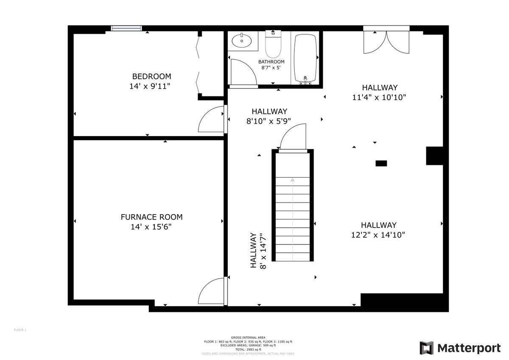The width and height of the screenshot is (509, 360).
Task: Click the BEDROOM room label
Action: pyautogui.click(x=151, y=77)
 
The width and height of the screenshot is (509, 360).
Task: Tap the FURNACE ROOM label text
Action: pyautogui.click(x=151, y=217)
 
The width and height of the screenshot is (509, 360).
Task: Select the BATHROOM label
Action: pyautogui.click(x=271, y=62)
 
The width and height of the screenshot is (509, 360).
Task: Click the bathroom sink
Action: pyautogui.click(x=242, y=41)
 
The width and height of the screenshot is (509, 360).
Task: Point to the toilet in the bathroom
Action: pyautogui.click(x=273, y=45)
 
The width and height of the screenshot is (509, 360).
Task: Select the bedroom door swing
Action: pyautogui.click(x=211, y=120)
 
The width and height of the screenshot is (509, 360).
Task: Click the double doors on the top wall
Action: pyautogui.click(x=386, y=42)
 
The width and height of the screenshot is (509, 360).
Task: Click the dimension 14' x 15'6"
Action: pyautogui.click(x=151, y=227)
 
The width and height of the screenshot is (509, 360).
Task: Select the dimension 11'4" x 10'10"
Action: pyautogui.click(x=379, y=97)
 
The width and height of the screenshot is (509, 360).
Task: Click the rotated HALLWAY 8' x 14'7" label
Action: pyautogui.click(x=257, y=250)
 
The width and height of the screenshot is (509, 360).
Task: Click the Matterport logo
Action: pyautogui.click(x=460, y=348)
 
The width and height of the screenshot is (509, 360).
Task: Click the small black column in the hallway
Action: pyautogui.click(x=381, y=163)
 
